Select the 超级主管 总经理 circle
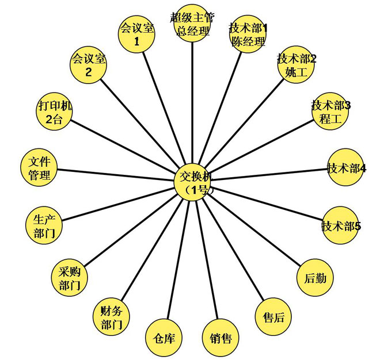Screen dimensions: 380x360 (x=192, y=24)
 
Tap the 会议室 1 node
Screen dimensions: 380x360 (x=136, y=34)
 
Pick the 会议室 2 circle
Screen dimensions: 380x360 (x=88, y=65)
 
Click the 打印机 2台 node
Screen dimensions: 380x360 (x=54, y=112)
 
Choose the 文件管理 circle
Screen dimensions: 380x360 (x=39, y=167)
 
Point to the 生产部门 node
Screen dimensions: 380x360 (x=44, y=225)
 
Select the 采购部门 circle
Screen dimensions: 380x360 (x=69, y=278)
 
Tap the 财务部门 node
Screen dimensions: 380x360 (x=112, y=317)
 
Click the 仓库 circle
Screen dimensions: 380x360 (x=164, y=338)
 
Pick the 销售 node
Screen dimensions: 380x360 (x=221, y=338)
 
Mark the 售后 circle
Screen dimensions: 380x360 (x=273, y=317)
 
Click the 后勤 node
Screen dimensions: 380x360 (x=315, y=278)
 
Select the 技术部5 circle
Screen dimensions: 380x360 (x=340, y=225)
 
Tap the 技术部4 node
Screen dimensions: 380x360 (x=346, y=167)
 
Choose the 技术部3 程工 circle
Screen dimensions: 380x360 (x=330, y=112)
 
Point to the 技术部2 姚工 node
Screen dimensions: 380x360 (x=296, y=65)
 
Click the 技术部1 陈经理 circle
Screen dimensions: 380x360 (x=248, y=34)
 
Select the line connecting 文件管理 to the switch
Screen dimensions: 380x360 (x=116, y=175)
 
